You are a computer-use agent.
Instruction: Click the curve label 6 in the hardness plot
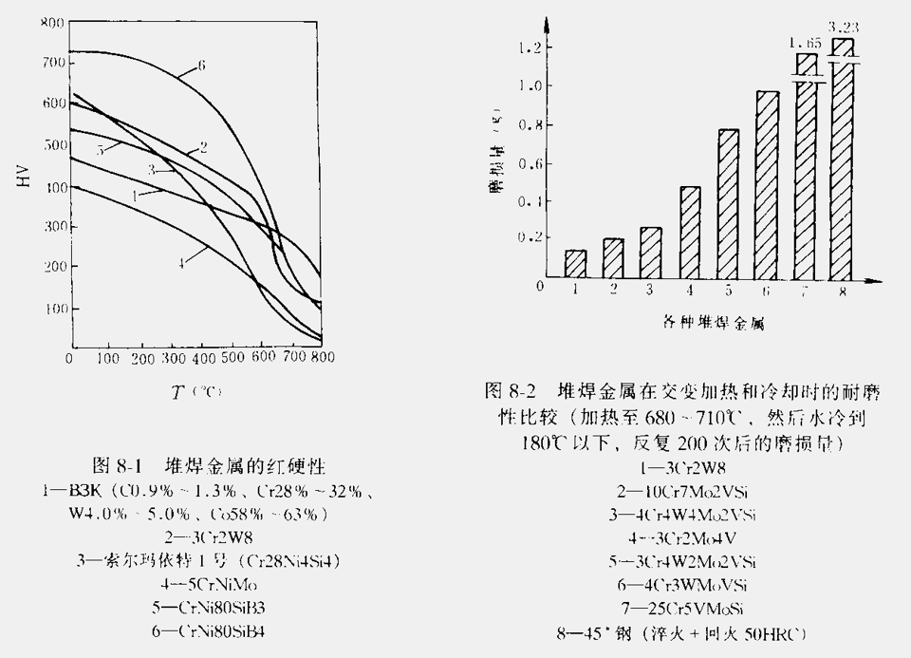pos(202,66)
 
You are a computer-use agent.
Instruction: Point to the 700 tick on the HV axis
pos(52,63)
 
